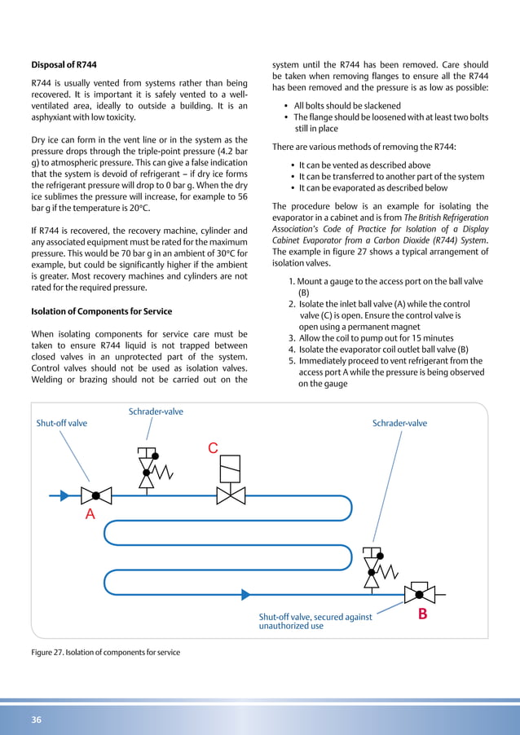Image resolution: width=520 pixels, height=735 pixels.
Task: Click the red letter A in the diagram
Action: point(90,514)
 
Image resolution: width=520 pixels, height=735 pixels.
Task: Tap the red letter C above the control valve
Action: point(213,449)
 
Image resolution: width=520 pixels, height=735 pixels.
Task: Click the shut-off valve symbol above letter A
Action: point(96,495)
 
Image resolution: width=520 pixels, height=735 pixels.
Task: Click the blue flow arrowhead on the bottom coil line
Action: point(245,595)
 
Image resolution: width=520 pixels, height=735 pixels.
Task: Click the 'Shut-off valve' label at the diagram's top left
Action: point(61,424)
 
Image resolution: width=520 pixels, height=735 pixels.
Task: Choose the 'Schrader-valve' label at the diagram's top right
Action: point(399,424)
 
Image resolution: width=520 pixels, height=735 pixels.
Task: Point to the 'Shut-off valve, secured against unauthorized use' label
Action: point(315,622)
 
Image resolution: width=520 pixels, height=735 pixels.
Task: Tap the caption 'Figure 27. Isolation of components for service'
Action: point(105,652)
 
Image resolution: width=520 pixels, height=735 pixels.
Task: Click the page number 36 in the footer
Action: point(37,720)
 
